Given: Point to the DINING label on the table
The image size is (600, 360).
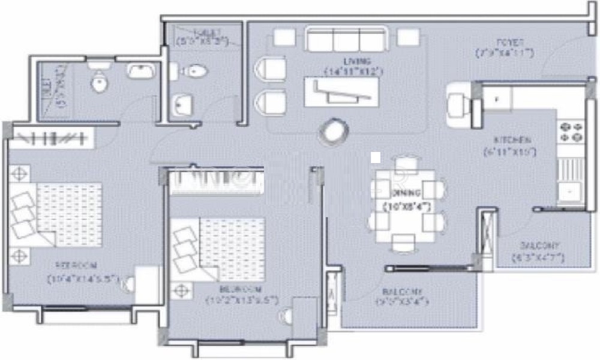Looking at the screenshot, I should click(406, 193).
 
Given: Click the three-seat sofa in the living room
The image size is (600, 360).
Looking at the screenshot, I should click(345, 40).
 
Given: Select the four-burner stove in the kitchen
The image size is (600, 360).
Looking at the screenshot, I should click(571, 133).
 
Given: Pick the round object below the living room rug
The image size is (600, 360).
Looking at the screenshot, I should click(332, 131).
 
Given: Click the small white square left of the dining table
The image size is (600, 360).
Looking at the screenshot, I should click(376, 157).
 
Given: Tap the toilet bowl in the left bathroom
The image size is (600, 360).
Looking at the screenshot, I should click(100, 82).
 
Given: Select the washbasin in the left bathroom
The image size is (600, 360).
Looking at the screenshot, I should click(142, 71).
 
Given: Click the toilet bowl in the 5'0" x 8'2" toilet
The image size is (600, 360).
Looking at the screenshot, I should click(194, 72).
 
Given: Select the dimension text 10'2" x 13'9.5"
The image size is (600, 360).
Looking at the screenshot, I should click(239, 299).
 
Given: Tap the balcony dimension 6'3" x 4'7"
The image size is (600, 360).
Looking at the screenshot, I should click(538, 258).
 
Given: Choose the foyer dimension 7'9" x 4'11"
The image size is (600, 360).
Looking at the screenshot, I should click(504, 53).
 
